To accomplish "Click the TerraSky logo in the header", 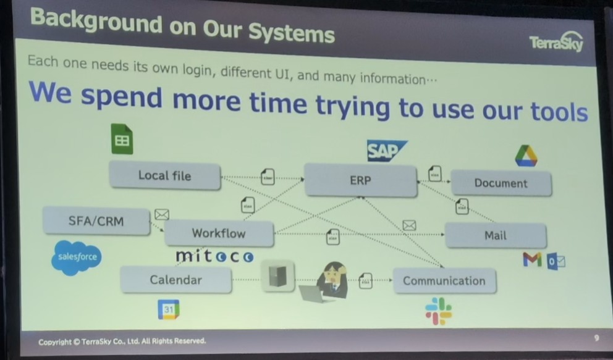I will point(556,43).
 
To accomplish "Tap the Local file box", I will point(165,176).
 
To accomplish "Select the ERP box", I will point(360,180).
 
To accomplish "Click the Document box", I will point(501,183).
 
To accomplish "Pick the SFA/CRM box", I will point(96,220).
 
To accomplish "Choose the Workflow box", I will point(219,233).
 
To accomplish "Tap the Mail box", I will point(496,235).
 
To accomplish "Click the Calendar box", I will point(176,280).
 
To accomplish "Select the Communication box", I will point(444,281).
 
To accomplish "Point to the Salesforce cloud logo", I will point(77,256).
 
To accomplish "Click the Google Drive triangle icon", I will point(526,156).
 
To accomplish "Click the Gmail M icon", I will point(532,261).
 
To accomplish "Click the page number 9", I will point(596,338).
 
